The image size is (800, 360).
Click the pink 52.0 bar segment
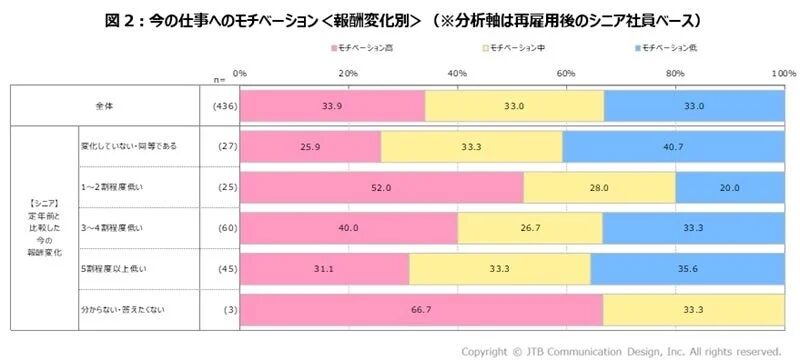(x=381, y=187)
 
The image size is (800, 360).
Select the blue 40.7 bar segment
(x=671, y=146)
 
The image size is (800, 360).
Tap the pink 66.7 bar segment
(x=421, y=310)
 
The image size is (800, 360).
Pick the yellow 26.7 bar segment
(x=529, y=228)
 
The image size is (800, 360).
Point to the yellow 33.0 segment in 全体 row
(x=514, y=104)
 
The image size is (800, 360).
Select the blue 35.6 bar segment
(x=687, y=269)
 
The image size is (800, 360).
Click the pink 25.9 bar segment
(x=310, y=146)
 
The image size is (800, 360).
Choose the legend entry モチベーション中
(x=521, y=48)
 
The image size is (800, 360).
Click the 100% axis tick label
(x=783, y=74)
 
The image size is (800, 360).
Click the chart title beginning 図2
(x=400, y=19)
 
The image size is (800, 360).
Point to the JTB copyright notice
(x=619, y=350)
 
